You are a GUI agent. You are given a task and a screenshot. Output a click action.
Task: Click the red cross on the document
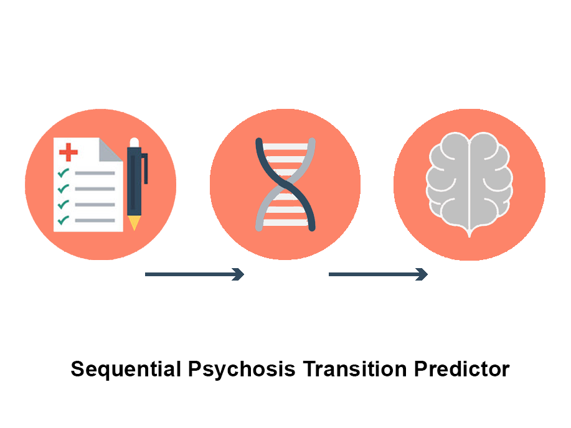68,152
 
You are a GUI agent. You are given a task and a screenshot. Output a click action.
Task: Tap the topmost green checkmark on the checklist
64,172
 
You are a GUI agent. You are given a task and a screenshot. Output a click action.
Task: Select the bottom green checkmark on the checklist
64,220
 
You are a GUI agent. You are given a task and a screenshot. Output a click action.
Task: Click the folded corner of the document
110,149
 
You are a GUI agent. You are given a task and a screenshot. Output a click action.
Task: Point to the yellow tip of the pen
134,223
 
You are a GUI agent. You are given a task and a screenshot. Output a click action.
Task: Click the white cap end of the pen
134,142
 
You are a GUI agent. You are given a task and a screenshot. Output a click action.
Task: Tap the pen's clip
145,169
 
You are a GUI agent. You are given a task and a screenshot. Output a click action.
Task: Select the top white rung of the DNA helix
285,147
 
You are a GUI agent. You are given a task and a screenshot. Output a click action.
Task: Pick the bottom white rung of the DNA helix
285,222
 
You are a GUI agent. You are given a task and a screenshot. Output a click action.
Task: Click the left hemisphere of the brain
448,181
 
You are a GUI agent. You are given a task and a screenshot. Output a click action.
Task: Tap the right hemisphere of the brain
491,181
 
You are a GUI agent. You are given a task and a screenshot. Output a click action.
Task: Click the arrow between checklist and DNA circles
194,274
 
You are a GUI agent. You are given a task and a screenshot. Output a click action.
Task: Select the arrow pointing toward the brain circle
378,274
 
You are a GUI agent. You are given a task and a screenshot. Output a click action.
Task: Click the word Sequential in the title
126,370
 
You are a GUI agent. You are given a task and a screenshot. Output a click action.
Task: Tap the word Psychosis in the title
242,370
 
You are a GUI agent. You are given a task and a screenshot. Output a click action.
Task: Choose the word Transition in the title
355,369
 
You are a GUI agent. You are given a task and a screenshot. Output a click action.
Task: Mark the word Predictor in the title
462,369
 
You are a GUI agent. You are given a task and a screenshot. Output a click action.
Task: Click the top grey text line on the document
95,173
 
